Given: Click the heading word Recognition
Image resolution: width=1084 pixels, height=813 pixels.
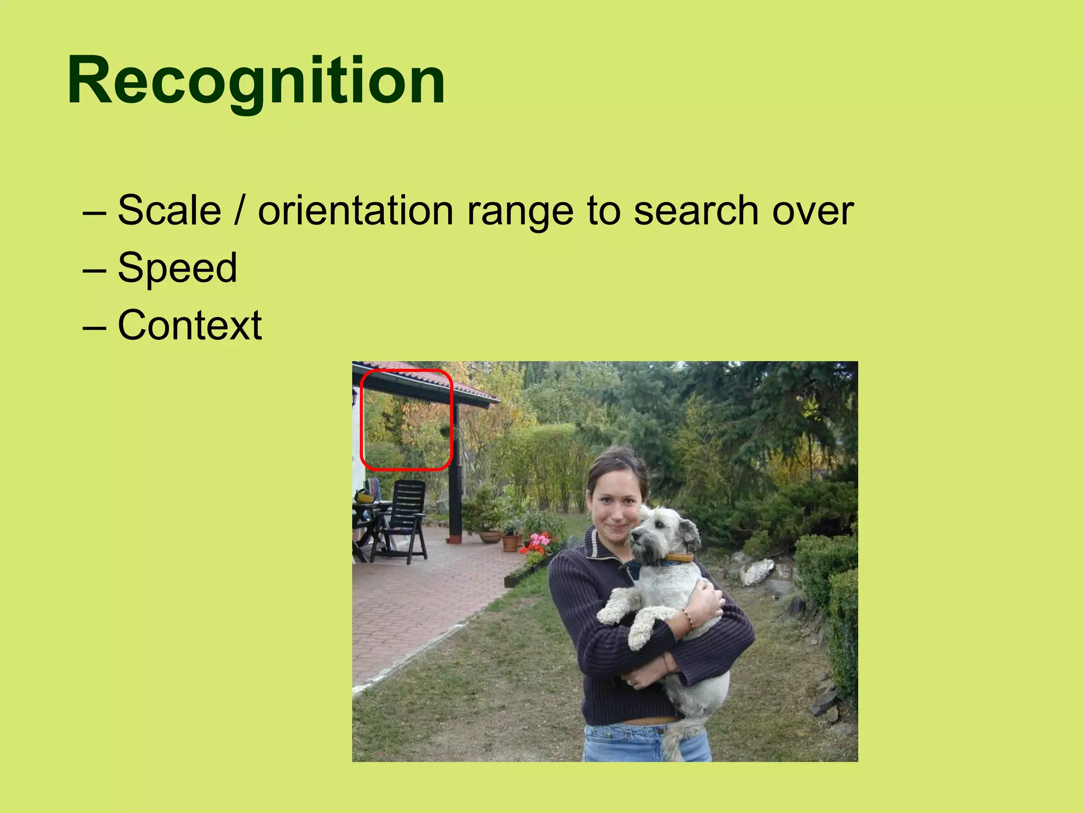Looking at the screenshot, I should click(x=256, y=80).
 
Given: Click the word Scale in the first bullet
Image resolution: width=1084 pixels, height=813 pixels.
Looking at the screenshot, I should click(x=169, y=211).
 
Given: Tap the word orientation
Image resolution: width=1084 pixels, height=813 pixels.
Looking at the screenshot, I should click(x=355, y=211).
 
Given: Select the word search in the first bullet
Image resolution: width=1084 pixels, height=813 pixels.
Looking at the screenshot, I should click(x=697, y=211).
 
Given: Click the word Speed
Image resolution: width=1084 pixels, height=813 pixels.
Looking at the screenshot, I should click(x=177, y=268).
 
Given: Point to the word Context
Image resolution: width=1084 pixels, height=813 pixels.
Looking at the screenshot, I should click(x=189, y=325).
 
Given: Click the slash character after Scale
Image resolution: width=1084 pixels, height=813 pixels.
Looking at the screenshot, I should click(x=239, y=211).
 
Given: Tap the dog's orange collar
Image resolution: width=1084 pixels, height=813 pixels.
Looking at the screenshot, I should click(x=680, y=557).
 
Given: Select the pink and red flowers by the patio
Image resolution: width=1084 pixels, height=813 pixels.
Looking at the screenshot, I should click(x=538, y=545).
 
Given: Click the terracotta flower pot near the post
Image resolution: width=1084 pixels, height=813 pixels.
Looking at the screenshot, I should click(x=510, y=543).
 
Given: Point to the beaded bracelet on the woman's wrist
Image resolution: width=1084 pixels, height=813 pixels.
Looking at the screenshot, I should click(x=688, y=619).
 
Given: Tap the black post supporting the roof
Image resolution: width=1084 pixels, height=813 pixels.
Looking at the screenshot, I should click(x=455, y=476).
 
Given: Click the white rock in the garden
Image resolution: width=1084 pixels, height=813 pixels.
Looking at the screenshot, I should click(x=757, y=572).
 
